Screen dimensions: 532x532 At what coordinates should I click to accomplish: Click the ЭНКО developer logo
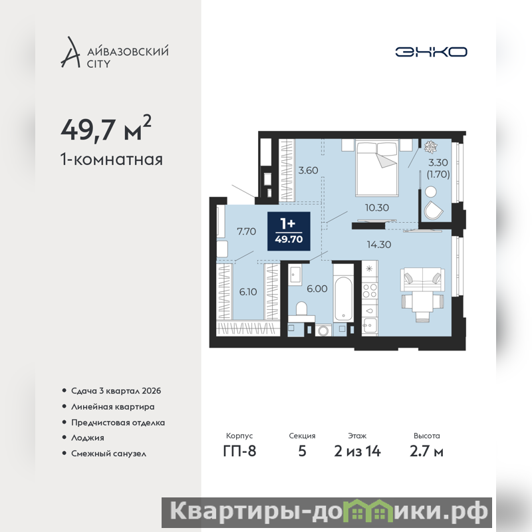coord(431,52)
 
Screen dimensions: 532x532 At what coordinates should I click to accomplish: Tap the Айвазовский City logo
coord(114,53)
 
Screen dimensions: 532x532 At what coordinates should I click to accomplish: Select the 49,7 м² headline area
coord(106,129)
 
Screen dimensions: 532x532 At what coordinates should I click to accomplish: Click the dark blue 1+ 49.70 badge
coord(289,231)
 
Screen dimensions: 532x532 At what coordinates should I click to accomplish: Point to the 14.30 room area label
coord(379,244)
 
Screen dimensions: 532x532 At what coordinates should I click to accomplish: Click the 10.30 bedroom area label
coord(376,207)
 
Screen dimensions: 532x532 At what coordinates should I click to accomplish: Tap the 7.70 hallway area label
coord(246,231)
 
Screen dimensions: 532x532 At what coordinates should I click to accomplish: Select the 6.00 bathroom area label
coord(317,289)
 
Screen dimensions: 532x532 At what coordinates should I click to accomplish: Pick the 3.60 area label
coord(308,170)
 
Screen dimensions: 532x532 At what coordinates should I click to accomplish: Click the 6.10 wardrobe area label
coord(248,292)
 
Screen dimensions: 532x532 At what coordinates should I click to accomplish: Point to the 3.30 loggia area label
coord(438,162)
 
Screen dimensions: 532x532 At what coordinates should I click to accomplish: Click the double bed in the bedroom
coord(376,168)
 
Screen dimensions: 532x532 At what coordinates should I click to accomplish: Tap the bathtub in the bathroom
coord(343,298)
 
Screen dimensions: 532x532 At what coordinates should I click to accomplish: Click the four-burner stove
coord(370,291)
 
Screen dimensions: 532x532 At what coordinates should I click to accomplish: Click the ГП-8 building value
coord(239,452)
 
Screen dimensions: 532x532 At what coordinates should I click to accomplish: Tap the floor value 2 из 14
coord(357,452)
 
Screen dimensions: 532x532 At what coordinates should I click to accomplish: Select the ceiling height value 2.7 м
coord(426,452)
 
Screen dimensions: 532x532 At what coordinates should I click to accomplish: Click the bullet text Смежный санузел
coord(108,454)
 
